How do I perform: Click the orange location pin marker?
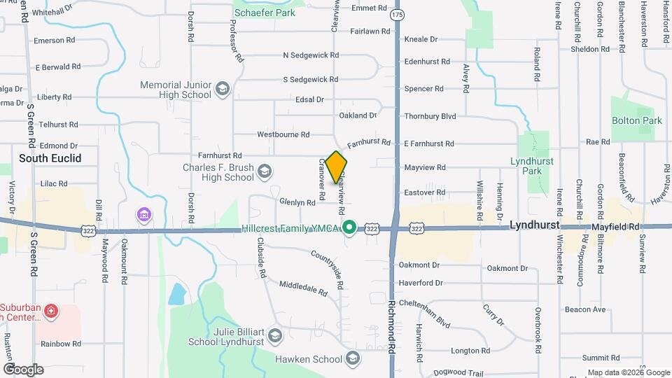point(336,167)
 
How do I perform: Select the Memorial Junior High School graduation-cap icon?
point(223,89)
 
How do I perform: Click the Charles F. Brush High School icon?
point(265,171)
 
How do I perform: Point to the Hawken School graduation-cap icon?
point(353,359)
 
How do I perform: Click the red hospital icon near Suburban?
point(50,310)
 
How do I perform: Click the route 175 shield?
point(398,15)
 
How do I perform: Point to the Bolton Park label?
point(636,120)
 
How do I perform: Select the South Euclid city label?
point(50,158)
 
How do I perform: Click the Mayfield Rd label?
point(615,227)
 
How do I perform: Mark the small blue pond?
point(177,295)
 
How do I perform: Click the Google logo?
point(23,369)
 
